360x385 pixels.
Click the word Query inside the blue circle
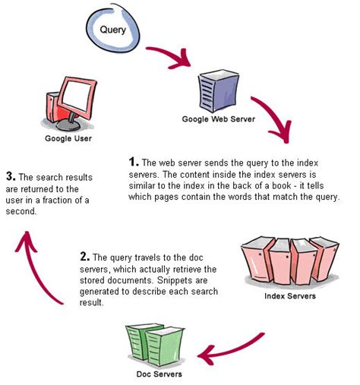tap(113, 30)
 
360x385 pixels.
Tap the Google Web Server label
tap(219, 119)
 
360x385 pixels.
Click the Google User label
tap(68, 138)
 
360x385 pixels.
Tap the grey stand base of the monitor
tap(68, 125)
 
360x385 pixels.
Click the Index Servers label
tap(290, 296)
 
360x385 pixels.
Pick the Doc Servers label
tap(159, 374)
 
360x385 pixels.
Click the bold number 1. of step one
tap(134, 162)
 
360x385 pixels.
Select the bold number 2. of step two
tap(85, 257)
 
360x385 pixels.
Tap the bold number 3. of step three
tap(11, 176)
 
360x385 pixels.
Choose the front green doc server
tap(165, 346)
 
